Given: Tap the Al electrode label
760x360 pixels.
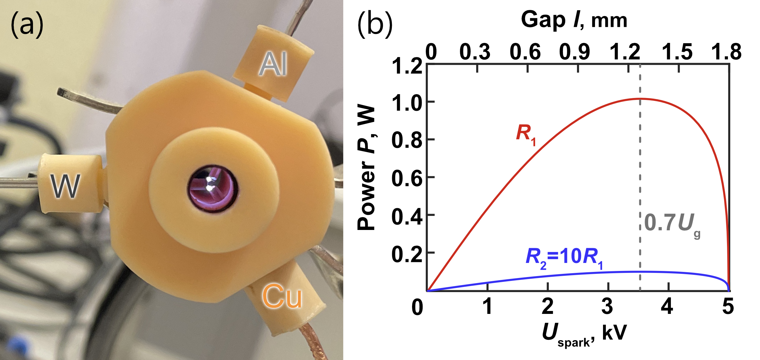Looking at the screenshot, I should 273,65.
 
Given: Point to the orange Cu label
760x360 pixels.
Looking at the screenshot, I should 282,297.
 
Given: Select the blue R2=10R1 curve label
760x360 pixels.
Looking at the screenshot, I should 564,257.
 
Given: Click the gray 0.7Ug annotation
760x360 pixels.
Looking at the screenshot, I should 671,224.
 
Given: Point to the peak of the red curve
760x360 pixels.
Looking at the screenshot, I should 640,99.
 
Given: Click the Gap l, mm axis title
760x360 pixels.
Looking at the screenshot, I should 574,20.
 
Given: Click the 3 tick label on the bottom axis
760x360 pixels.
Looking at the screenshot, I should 607,307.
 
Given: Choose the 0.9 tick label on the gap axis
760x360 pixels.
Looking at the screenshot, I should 574,52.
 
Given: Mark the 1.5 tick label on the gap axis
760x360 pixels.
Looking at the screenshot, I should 677,52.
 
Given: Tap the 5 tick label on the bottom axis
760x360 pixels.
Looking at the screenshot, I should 728,307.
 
